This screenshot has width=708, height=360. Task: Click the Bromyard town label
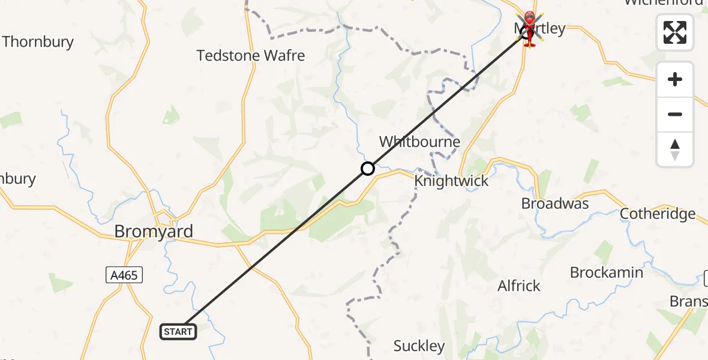tap(154, 231)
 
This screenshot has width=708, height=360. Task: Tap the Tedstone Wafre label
tap(251, 56)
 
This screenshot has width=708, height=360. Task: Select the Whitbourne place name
tap(419, 142)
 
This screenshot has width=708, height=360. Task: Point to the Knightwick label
tap(451, 181)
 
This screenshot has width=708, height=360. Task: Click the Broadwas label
tap(555, 203)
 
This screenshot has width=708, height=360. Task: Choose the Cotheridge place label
tap(658, 214)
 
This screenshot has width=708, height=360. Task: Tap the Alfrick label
tap(519, 286)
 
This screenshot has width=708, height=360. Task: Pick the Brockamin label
tap(607, 272)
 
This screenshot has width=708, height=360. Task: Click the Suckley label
tap(419, 346)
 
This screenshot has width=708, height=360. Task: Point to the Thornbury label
tap(38, 42)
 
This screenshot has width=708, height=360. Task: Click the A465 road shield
tap(124, 275)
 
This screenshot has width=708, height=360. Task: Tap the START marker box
tap(178, 331)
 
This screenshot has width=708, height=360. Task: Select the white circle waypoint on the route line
tap(368, 169)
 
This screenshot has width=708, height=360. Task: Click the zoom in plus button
tap(675, 79)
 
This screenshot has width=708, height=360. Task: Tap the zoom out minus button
tap(675, 114)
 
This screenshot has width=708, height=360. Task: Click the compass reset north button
tap(675, 149)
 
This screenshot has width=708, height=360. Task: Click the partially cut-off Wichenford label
tap(663, 3)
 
